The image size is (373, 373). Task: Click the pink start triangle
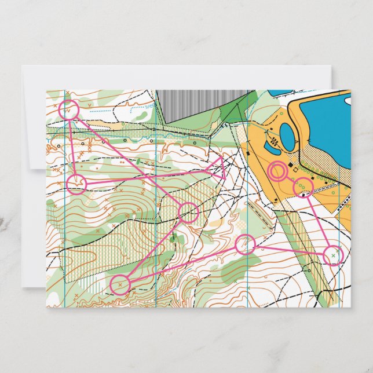[219, 167]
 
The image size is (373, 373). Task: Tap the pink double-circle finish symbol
[279, 171]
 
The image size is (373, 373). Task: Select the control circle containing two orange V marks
[69, 109]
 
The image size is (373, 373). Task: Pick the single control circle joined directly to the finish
[303, 187]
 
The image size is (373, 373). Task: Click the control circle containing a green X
[332, 255]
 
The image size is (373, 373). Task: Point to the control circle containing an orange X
[120, 284]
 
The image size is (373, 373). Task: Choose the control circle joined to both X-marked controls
[246, 244]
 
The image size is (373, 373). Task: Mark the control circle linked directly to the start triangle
[76, 185]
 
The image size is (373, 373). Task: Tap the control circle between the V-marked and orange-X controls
[188, 213]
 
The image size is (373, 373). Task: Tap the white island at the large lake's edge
[348, 100]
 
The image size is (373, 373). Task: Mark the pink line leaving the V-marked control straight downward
[72, 146]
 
